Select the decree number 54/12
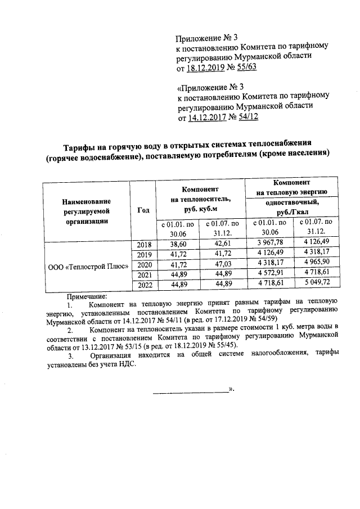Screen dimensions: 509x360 (246, 118)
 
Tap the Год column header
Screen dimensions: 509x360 (143, 210)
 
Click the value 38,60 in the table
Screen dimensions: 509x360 (178, 243)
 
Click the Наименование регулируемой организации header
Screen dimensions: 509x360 (86, 210)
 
